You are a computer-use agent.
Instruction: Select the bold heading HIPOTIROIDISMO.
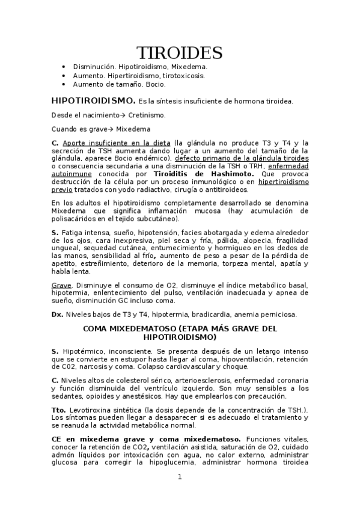pos(93,101)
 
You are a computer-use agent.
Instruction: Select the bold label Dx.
pos(58,313)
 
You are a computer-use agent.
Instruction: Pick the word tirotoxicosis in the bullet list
pos(184,76)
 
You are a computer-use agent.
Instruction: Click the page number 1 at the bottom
pos(180,477)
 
